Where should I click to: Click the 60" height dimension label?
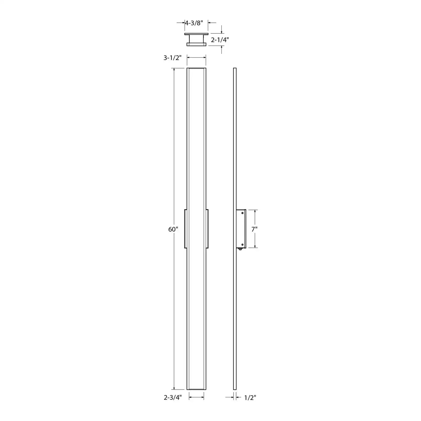pyautogui.click(x=173, y=229)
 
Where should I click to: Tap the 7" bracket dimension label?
pyautogui.click(x=254, y=229)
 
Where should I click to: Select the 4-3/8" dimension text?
pyautogui.click(x=194, y=23)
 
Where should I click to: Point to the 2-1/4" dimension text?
pyautogui.click(x=220, y=40)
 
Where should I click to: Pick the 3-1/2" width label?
pyautogui.click(x=173, y=58)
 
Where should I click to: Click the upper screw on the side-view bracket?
pyautogui.click(x=242, y=213)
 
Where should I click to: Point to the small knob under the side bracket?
pyautogui.click(x=240, y=249)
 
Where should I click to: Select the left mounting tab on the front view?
pyautogui.click(x=186, y=229)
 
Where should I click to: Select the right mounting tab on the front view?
pyautogui.click(x=207, y=229)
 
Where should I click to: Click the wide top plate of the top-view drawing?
pyautogui.click(x=196, y=34)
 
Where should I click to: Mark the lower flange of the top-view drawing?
pyautogui.click(x=196, y=44)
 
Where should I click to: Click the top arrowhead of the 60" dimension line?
pyautogui.click(x=174, y=70)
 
